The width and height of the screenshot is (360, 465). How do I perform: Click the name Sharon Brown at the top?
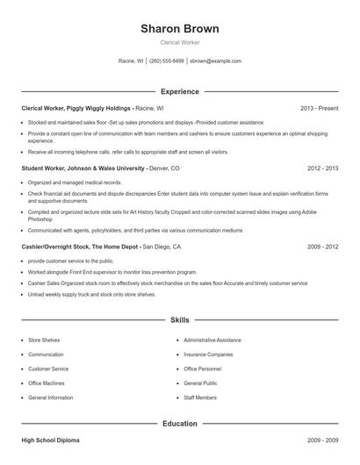(x=179, y=29)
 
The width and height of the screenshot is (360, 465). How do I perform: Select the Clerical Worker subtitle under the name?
(x=179, y=43)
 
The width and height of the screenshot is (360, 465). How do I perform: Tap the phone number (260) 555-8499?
(x=167, y=61)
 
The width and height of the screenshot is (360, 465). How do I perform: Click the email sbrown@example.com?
(x=215, y=61)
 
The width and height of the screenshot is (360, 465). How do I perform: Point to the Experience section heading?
(x=180, y=91)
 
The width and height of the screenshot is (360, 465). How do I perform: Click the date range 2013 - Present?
(x=319, y=108)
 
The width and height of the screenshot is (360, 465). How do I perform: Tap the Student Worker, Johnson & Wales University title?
(x=83, y=168)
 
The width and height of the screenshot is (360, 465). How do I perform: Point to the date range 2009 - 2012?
(x=322, y=247)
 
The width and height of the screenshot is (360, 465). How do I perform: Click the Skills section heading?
(x=180, y=321)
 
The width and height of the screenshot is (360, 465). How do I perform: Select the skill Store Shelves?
(x=46, y=339)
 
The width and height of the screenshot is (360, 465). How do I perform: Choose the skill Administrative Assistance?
(x=212, y=339)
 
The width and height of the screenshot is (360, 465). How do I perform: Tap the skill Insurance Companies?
(x=208, y=354)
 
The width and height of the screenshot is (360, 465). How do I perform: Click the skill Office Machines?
(x=47, y=383)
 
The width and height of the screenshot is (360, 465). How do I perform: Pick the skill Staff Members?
(x=200, y=398)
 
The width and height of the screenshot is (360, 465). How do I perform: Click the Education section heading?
(x=180, y=424)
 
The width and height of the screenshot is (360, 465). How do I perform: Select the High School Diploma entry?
(x=50, y=440)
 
